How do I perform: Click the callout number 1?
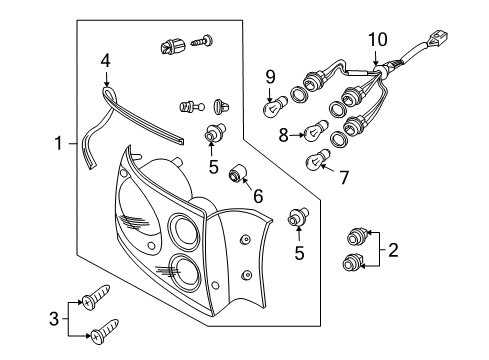tap(58, 143)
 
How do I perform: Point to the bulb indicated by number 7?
tap(317, 159)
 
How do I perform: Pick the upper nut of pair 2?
tap(357, 236)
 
